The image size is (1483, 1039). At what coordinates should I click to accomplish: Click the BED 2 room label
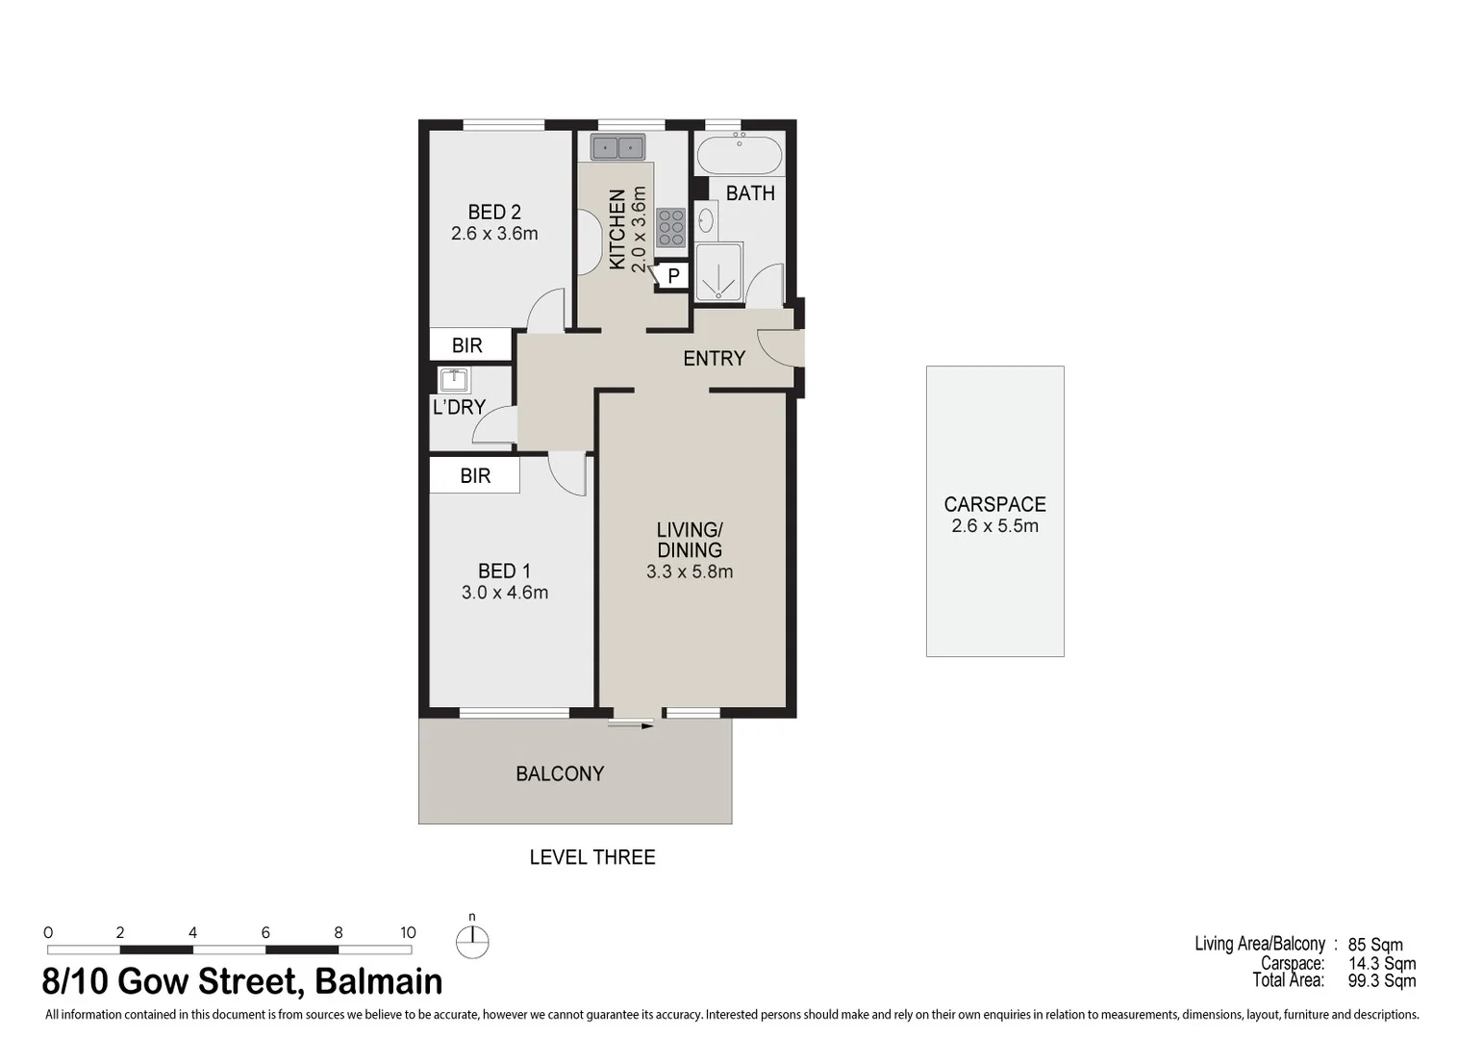point(494,212)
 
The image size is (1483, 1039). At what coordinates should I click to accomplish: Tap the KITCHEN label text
point(617,229)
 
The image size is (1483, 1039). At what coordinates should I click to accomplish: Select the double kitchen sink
point(617,147)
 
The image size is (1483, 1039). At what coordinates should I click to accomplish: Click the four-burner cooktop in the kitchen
point(670,228)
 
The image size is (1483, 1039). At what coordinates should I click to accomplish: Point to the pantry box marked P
point(673,276)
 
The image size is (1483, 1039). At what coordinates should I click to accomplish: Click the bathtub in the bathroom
point(739,154)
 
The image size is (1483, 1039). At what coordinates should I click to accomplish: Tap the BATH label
point(750,193)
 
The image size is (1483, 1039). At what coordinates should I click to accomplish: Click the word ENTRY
point(714,359)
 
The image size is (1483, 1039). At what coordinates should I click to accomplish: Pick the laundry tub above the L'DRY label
point(453,380)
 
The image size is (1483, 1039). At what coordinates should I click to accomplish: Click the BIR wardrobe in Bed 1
point(475,475)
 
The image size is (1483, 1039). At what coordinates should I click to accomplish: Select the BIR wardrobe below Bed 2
point(467,344)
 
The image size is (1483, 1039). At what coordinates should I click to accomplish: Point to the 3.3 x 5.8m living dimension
point(690,571)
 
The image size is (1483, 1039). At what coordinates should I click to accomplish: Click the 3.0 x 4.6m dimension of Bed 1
point(505,593)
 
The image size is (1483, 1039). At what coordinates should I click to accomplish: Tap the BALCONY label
point(560,773)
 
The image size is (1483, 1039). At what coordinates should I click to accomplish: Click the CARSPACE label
point(994,504)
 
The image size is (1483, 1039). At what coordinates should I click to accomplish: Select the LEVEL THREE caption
point(592,857)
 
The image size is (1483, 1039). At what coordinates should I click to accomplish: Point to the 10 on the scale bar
point(408,932)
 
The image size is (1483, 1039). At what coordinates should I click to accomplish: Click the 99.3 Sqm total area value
point(1381,981)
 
